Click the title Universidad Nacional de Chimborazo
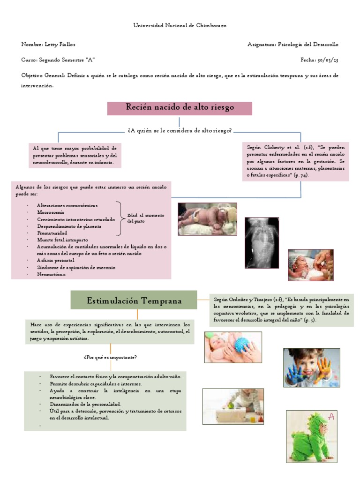(x=180, y=26)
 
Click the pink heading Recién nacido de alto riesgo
(x=180, y=108)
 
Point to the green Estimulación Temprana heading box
(x=134, y=300)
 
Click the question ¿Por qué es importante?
(x=110, y=358)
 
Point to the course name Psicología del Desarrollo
(x=308, y=45)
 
